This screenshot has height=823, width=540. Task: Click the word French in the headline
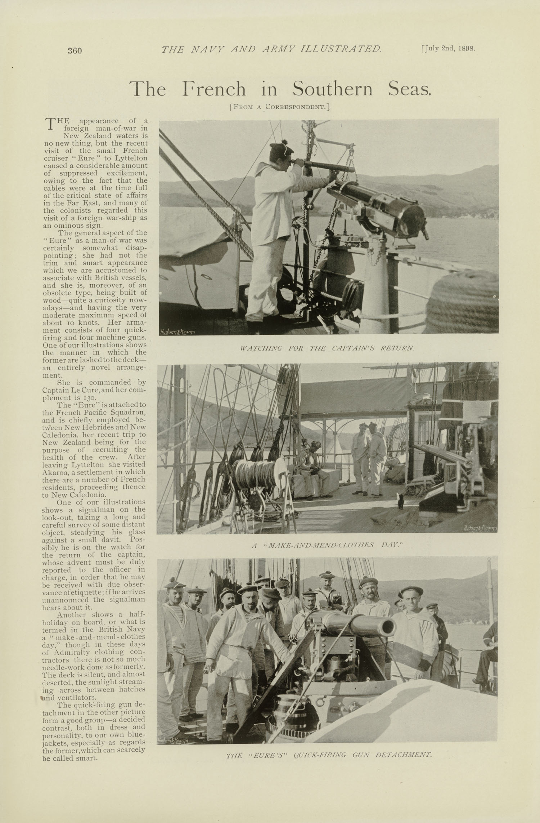[x=214, y=89]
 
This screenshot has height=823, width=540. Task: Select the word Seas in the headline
[x=409, y=89]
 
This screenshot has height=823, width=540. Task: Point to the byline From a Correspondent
[x=279, y=107]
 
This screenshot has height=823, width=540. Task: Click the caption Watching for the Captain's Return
[x=327, y=348]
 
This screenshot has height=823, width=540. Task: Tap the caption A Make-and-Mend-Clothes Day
[x=327, y=546]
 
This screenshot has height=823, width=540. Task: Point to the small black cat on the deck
[x=401, y=501]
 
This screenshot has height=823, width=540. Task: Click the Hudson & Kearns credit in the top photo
[x=177, y=332]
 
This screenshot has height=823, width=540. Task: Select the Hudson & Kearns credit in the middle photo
[x=480, y=528]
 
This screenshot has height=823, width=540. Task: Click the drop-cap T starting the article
[x=49, y=123]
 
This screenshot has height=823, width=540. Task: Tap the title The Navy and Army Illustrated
[x=271, y=49]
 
